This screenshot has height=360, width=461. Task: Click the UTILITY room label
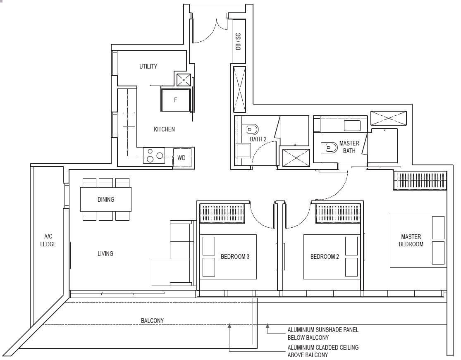(148, 67)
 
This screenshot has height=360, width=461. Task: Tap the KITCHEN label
(164, 129)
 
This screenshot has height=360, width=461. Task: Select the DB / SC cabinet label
(238, 41)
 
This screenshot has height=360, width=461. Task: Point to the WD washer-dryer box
(182, 158)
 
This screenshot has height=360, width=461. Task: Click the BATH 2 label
(258, 139)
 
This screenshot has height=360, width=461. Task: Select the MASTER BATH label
(349, 147)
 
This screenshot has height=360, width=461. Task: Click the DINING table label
(106, 200)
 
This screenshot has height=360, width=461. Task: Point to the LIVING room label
(105, 253)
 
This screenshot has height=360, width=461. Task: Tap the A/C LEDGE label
(48, 240)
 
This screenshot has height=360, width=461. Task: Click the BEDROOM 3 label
(235, 257)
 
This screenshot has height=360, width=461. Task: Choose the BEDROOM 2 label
(325, 257)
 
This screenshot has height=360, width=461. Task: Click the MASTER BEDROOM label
(411, 241)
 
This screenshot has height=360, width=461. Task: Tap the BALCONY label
(152, 320)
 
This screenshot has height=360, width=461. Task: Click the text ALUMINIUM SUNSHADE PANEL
(323, 330)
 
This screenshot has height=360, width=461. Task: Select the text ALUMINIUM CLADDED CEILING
(323, 348)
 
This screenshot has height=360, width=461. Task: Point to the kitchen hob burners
(154, 155)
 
